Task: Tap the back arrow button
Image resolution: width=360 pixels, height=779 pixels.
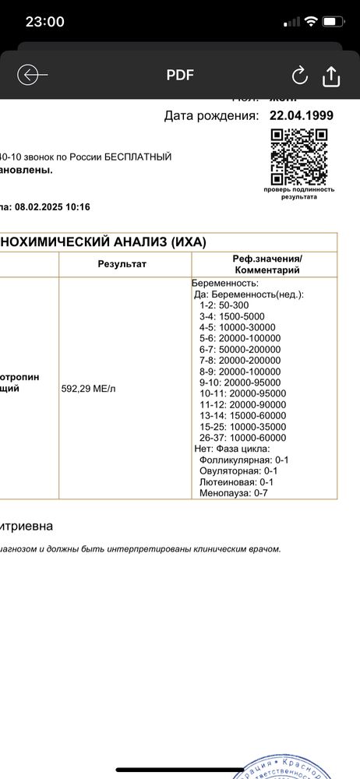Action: point(32,75)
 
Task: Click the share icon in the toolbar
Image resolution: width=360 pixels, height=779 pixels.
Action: point(330,76)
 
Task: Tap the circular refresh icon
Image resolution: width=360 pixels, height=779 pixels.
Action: point(299,76)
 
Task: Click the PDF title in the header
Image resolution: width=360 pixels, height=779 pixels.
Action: point(180,76)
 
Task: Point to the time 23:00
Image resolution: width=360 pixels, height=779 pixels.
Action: point(44,22)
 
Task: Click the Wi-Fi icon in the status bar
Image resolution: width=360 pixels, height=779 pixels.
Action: point(310,22)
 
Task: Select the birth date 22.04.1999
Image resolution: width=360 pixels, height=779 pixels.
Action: point(301,116)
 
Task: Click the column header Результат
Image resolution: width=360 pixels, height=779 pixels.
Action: point(122,264)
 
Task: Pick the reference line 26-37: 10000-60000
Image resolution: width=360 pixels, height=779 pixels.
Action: point(242,438)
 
